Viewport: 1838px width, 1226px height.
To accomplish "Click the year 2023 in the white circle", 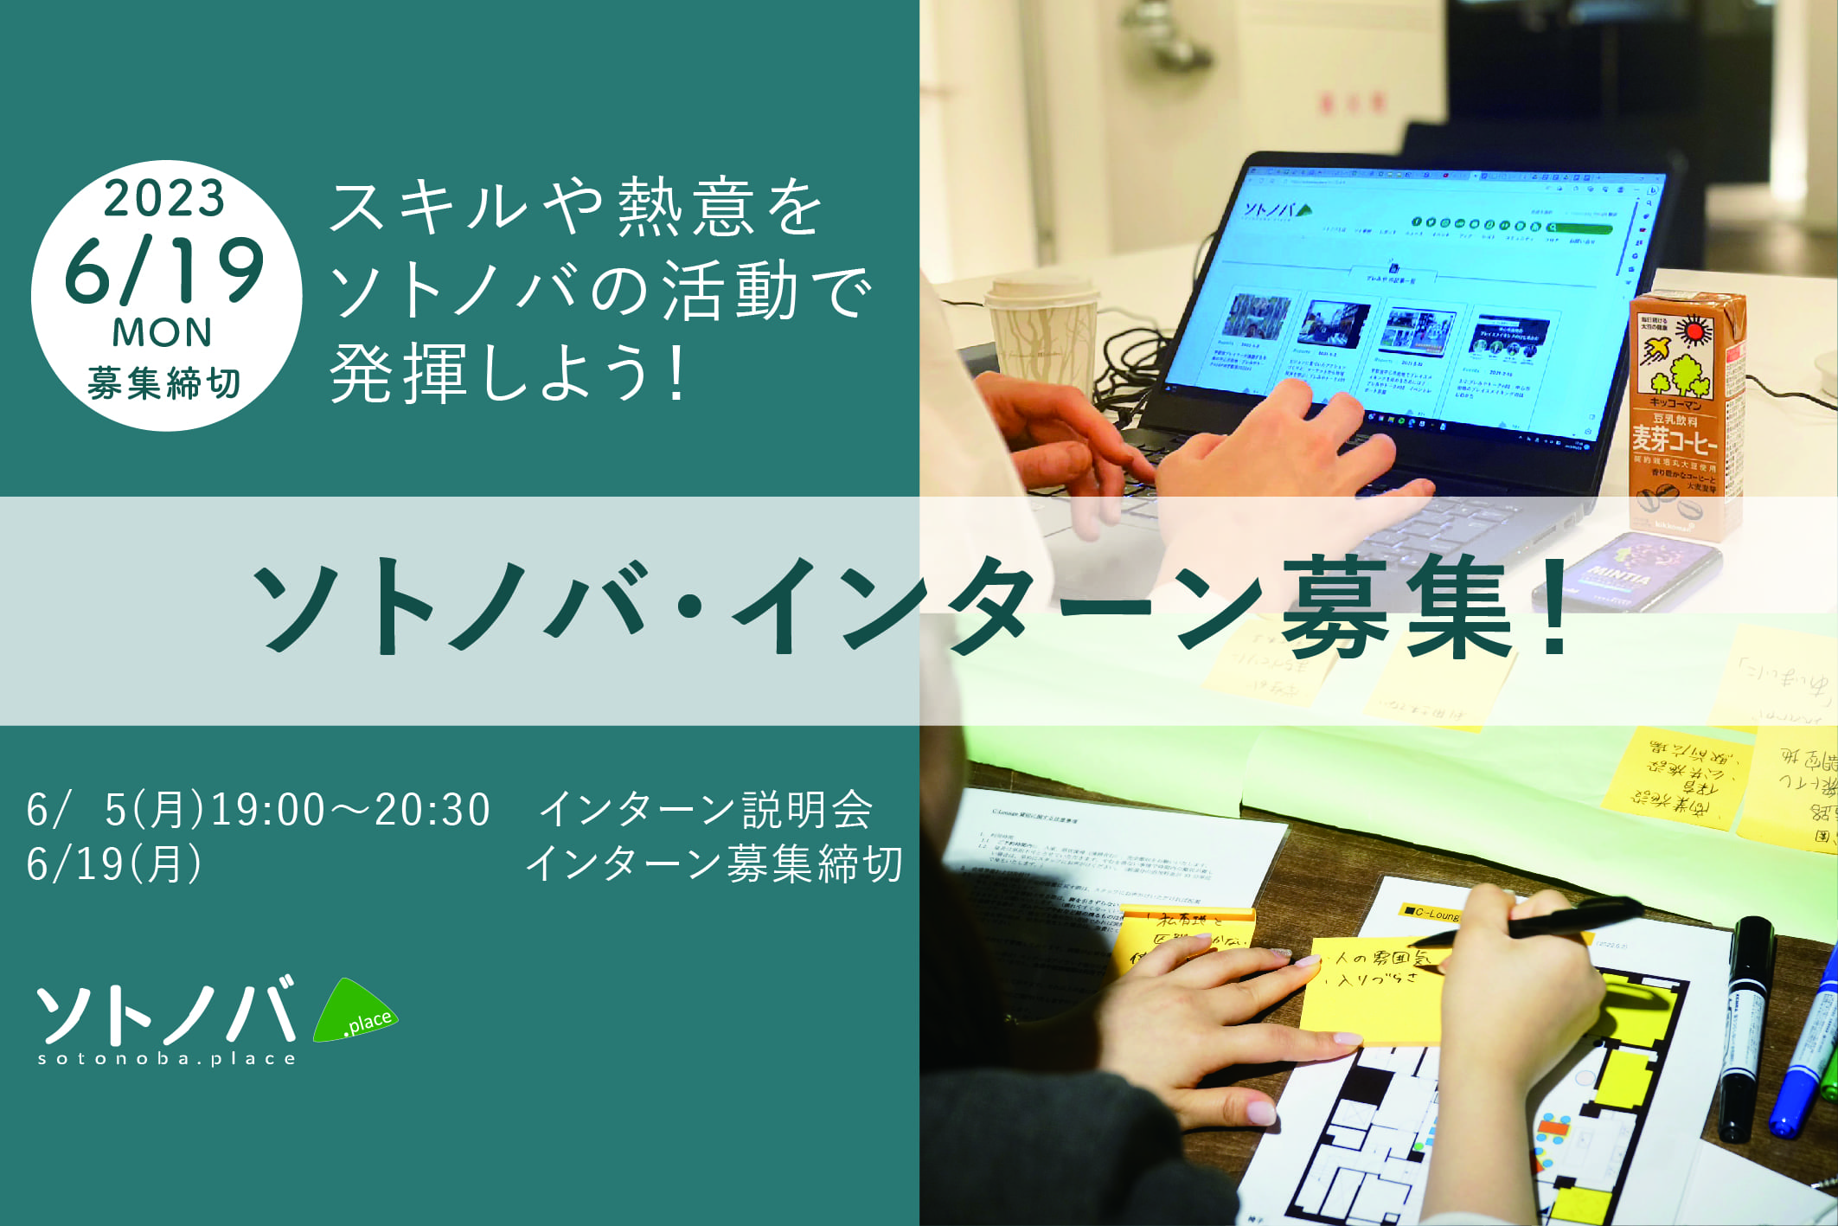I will click(164, 199).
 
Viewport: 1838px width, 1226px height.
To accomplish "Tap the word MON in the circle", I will click(163, 333).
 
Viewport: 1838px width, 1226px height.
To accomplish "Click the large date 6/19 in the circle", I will click(164, 270).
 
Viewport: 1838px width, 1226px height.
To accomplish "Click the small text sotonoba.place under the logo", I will click(167, 1058).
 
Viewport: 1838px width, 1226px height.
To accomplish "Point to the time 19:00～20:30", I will click(350, 810).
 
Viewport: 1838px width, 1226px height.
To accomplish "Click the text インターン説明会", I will click(706, 810).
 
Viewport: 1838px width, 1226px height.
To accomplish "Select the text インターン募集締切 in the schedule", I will click(714, 863).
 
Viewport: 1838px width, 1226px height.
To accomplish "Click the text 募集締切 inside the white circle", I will click(164, 383).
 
